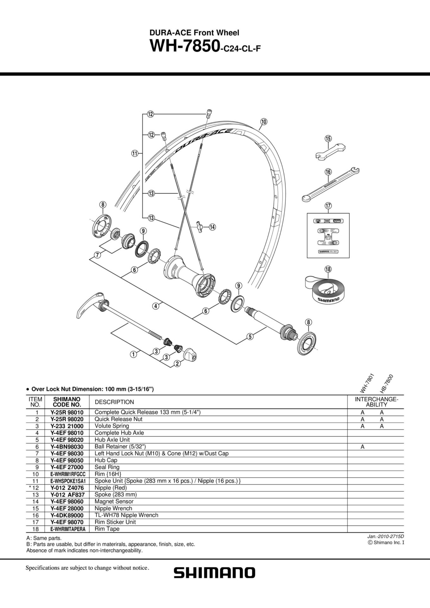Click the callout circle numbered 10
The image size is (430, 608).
click(x=264, y=121)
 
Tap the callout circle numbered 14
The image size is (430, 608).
click(x=212, y=227)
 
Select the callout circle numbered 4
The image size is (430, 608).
click(x=155, y=306)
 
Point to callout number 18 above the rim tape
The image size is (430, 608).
click(x=328, y=269)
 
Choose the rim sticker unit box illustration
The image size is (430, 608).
click(x=328, y=235)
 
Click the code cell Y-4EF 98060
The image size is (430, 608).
click(x=67, y=501)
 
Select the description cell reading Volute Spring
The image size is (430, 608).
click(x=112, y=426)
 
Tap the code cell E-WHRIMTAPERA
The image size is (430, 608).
click(x=67, y=529)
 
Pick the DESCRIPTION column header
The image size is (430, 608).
click(x=114, y=402)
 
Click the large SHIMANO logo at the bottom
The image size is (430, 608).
click(x=214, y=573)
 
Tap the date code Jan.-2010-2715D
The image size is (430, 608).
click(x=386, y=536)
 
